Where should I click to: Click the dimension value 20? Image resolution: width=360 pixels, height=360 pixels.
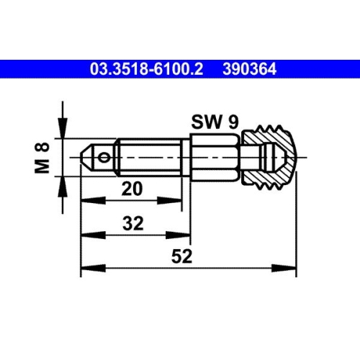click(131, 189)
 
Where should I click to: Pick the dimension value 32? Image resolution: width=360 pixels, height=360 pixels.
click(131, 224)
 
